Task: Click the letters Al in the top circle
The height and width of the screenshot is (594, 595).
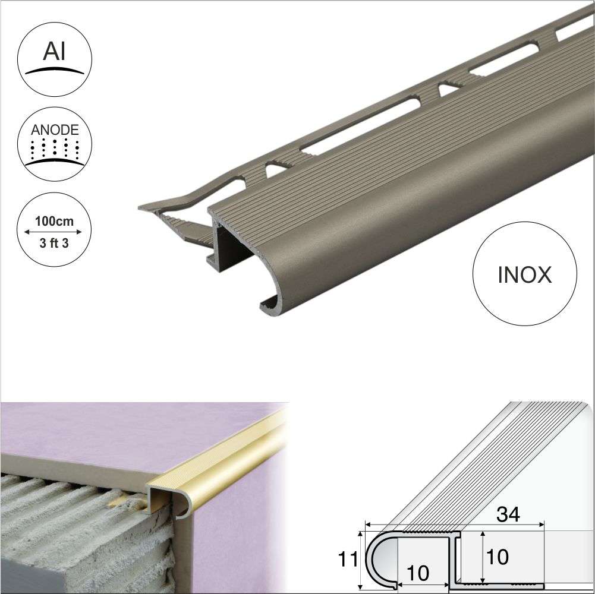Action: pos(53,52)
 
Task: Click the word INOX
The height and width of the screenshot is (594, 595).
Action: pos(524,275)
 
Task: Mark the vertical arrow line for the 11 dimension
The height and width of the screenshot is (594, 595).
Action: pos(360,558)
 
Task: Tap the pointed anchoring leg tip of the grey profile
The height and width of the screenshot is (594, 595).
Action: pos(143,208)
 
